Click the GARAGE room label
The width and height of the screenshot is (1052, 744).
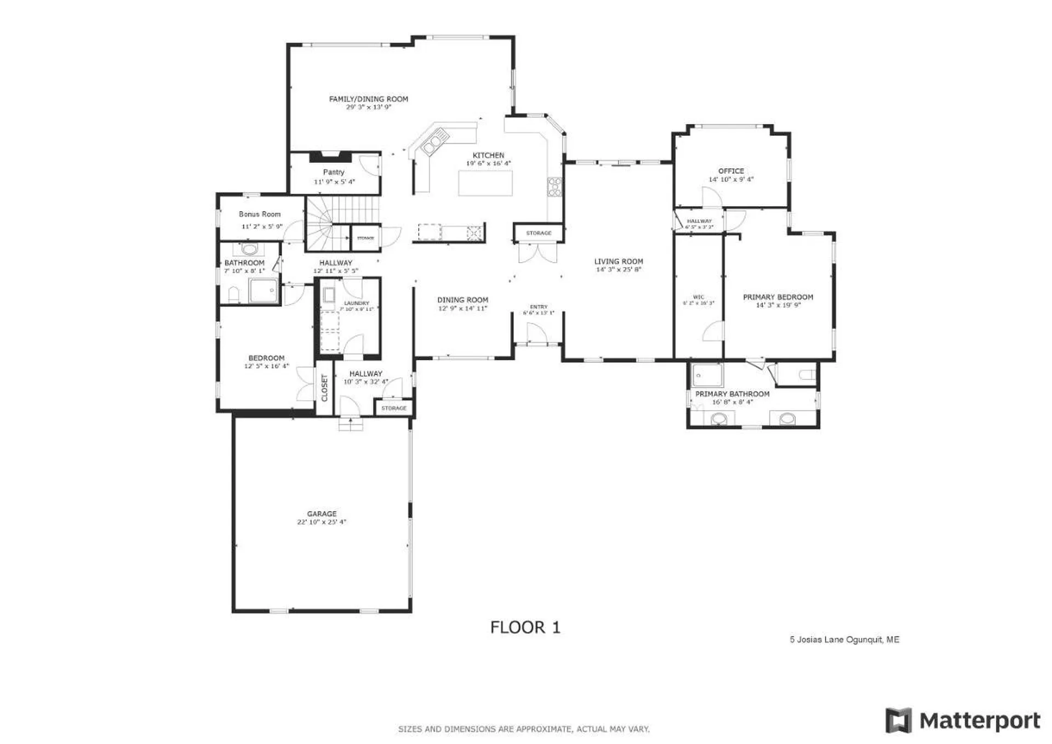pyautogui.click(x=322, y=514)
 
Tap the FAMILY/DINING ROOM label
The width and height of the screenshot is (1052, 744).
pyautogui.click(x=368, y=99)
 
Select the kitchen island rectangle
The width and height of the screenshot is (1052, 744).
pyautogui.click(x=485, y=183)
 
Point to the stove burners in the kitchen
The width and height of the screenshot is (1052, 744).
pyautogui.click(x=554, y=186)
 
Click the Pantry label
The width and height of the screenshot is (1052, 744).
pyautogui.click(x=334, y=172)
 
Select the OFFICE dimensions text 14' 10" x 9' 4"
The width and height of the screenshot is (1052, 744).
pyautogui.click(x=731, y=179)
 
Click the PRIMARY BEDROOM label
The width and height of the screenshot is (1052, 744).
pyautogui.click(x=777, y=297)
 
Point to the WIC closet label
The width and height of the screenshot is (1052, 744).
pyautogui.click(x=699, y=297)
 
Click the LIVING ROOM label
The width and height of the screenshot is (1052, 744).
pyautogui.click(x=619, y=262)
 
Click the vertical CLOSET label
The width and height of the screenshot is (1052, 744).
pyautogui.click(x=324, y=388)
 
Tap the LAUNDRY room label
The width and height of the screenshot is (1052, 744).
pyautogui.click(x=356, y=303)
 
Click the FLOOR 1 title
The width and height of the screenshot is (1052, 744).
pyautogui.click(x=525, y=627)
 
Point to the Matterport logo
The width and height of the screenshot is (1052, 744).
pyautogui.click(x=963, y=720)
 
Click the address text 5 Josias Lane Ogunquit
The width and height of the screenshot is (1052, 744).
pyautogui.click(x=844, y=639)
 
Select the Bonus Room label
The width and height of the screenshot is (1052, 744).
pyautogui.click(x=260, y=214)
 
